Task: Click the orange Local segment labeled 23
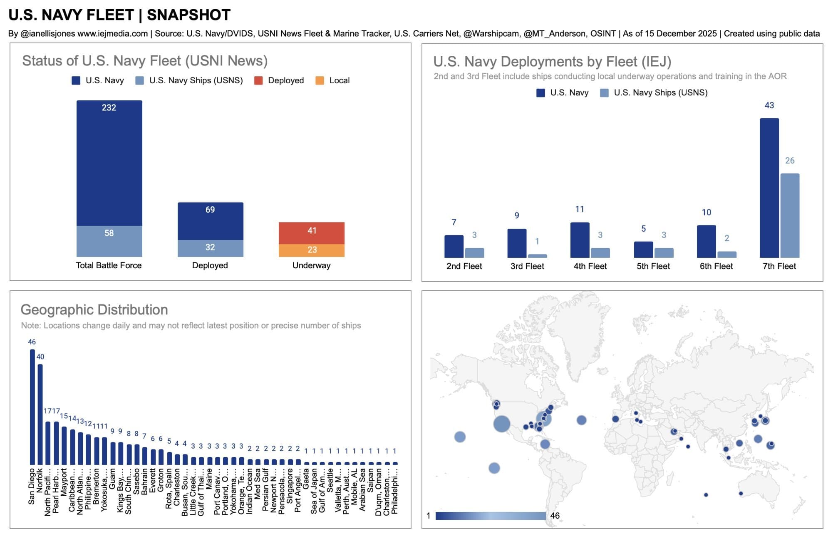tap(311, 250)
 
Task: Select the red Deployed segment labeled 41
tap(311, 232)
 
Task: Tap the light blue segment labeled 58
tap(109, 241)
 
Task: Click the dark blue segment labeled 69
tap(210, 221)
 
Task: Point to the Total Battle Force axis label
tap(109, 265)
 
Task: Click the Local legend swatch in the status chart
tap(320, 80)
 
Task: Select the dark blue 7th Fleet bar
tap(769, 187)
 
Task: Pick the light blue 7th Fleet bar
tap(789, 215)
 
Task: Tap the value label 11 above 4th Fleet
tap(580, 209)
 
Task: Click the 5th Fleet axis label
tap(653, 266)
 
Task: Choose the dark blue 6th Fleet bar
tap(706, 241)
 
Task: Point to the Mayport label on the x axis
tap(64, 482)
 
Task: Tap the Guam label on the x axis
tap(112, 479)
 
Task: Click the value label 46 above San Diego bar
tap(32, 342)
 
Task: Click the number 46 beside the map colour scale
tap(555, 516)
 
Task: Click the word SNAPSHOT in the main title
tap(188, 15)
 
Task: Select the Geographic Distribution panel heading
tap(94, 310)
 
